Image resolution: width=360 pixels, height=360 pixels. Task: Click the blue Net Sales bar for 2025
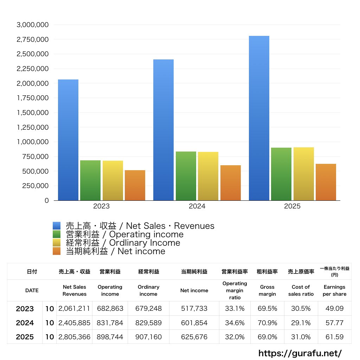click(x=259, y=118)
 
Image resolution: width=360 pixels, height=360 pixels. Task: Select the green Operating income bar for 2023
click(x=90, y=180)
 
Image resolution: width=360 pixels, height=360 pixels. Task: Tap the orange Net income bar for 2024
click(x=230, y=183)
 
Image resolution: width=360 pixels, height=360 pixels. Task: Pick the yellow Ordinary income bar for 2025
click(x=304, y=174)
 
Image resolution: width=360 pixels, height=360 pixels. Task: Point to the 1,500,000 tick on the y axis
click(x=33, y=113)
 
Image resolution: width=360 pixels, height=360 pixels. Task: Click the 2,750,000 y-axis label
click(x=33, y=39)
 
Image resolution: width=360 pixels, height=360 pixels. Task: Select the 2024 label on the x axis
click(x=197, y=206)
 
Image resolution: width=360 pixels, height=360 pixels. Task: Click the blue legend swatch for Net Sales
click(x=57, y=226)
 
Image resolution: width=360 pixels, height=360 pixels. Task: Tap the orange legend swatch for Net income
click(x=57, y=251)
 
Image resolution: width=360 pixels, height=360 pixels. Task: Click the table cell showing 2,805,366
click(x=75, y=337)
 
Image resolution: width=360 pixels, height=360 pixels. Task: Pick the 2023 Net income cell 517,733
click(x=194, y=309)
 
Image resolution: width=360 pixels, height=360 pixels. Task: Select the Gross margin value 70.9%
click(x=267, y=323)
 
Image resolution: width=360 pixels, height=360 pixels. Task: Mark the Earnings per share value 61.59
click(x=334, y=337)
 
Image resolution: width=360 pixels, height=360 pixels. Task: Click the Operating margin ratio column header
click(x=234, y=290)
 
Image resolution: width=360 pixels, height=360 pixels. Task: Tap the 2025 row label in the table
click(x=25, y=337)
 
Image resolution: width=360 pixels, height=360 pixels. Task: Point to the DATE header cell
click(x=32, y=290)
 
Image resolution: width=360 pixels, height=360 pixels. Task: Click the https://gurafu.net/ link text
click(x=300, y=353)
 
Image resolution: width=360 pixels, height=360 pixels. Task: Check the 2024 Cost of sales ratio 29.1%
click(x=301, y=323)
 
